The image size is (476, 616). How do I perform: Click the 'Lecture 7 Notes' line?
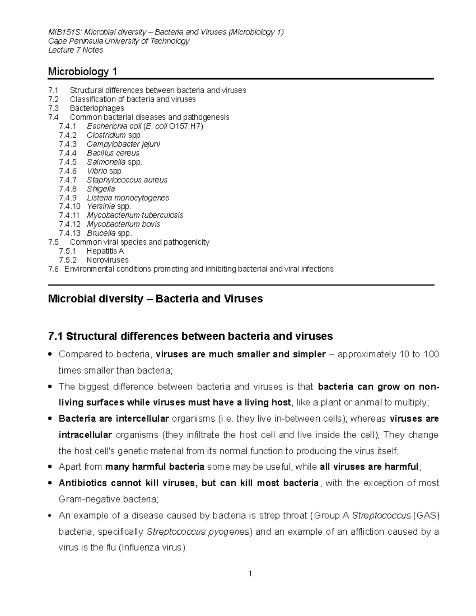75,50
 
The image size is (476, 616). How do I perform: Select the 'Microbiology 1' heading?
83,72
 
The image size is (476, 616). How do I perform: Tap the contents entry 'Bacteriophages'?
97,108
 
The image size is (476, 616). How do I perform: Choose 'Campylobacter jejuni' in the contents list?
123,144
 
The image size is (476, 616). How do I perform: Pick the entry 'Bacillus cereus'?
113,153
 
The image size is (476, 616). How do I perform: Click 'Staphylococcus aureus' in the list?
127,180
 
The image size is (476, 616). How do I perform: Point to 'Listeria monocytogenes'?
128,198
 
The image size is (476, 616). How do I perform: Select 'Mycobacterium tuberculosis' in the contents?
135,215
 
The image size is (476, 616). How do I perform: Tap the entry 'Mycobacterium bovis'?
123,224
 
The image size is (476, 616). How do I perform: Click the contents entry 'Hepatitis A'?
105,251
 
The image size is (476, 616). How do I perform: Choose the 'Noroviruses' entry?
107,260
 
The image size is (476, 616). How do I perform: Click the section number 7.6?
53,269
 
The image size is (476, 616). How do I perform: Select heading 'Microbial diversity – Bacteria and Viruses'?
155,299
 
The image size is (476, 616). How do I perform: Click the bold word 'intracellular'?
85,435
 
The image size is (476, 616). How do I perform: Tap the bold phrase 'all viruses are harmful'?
369,467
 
